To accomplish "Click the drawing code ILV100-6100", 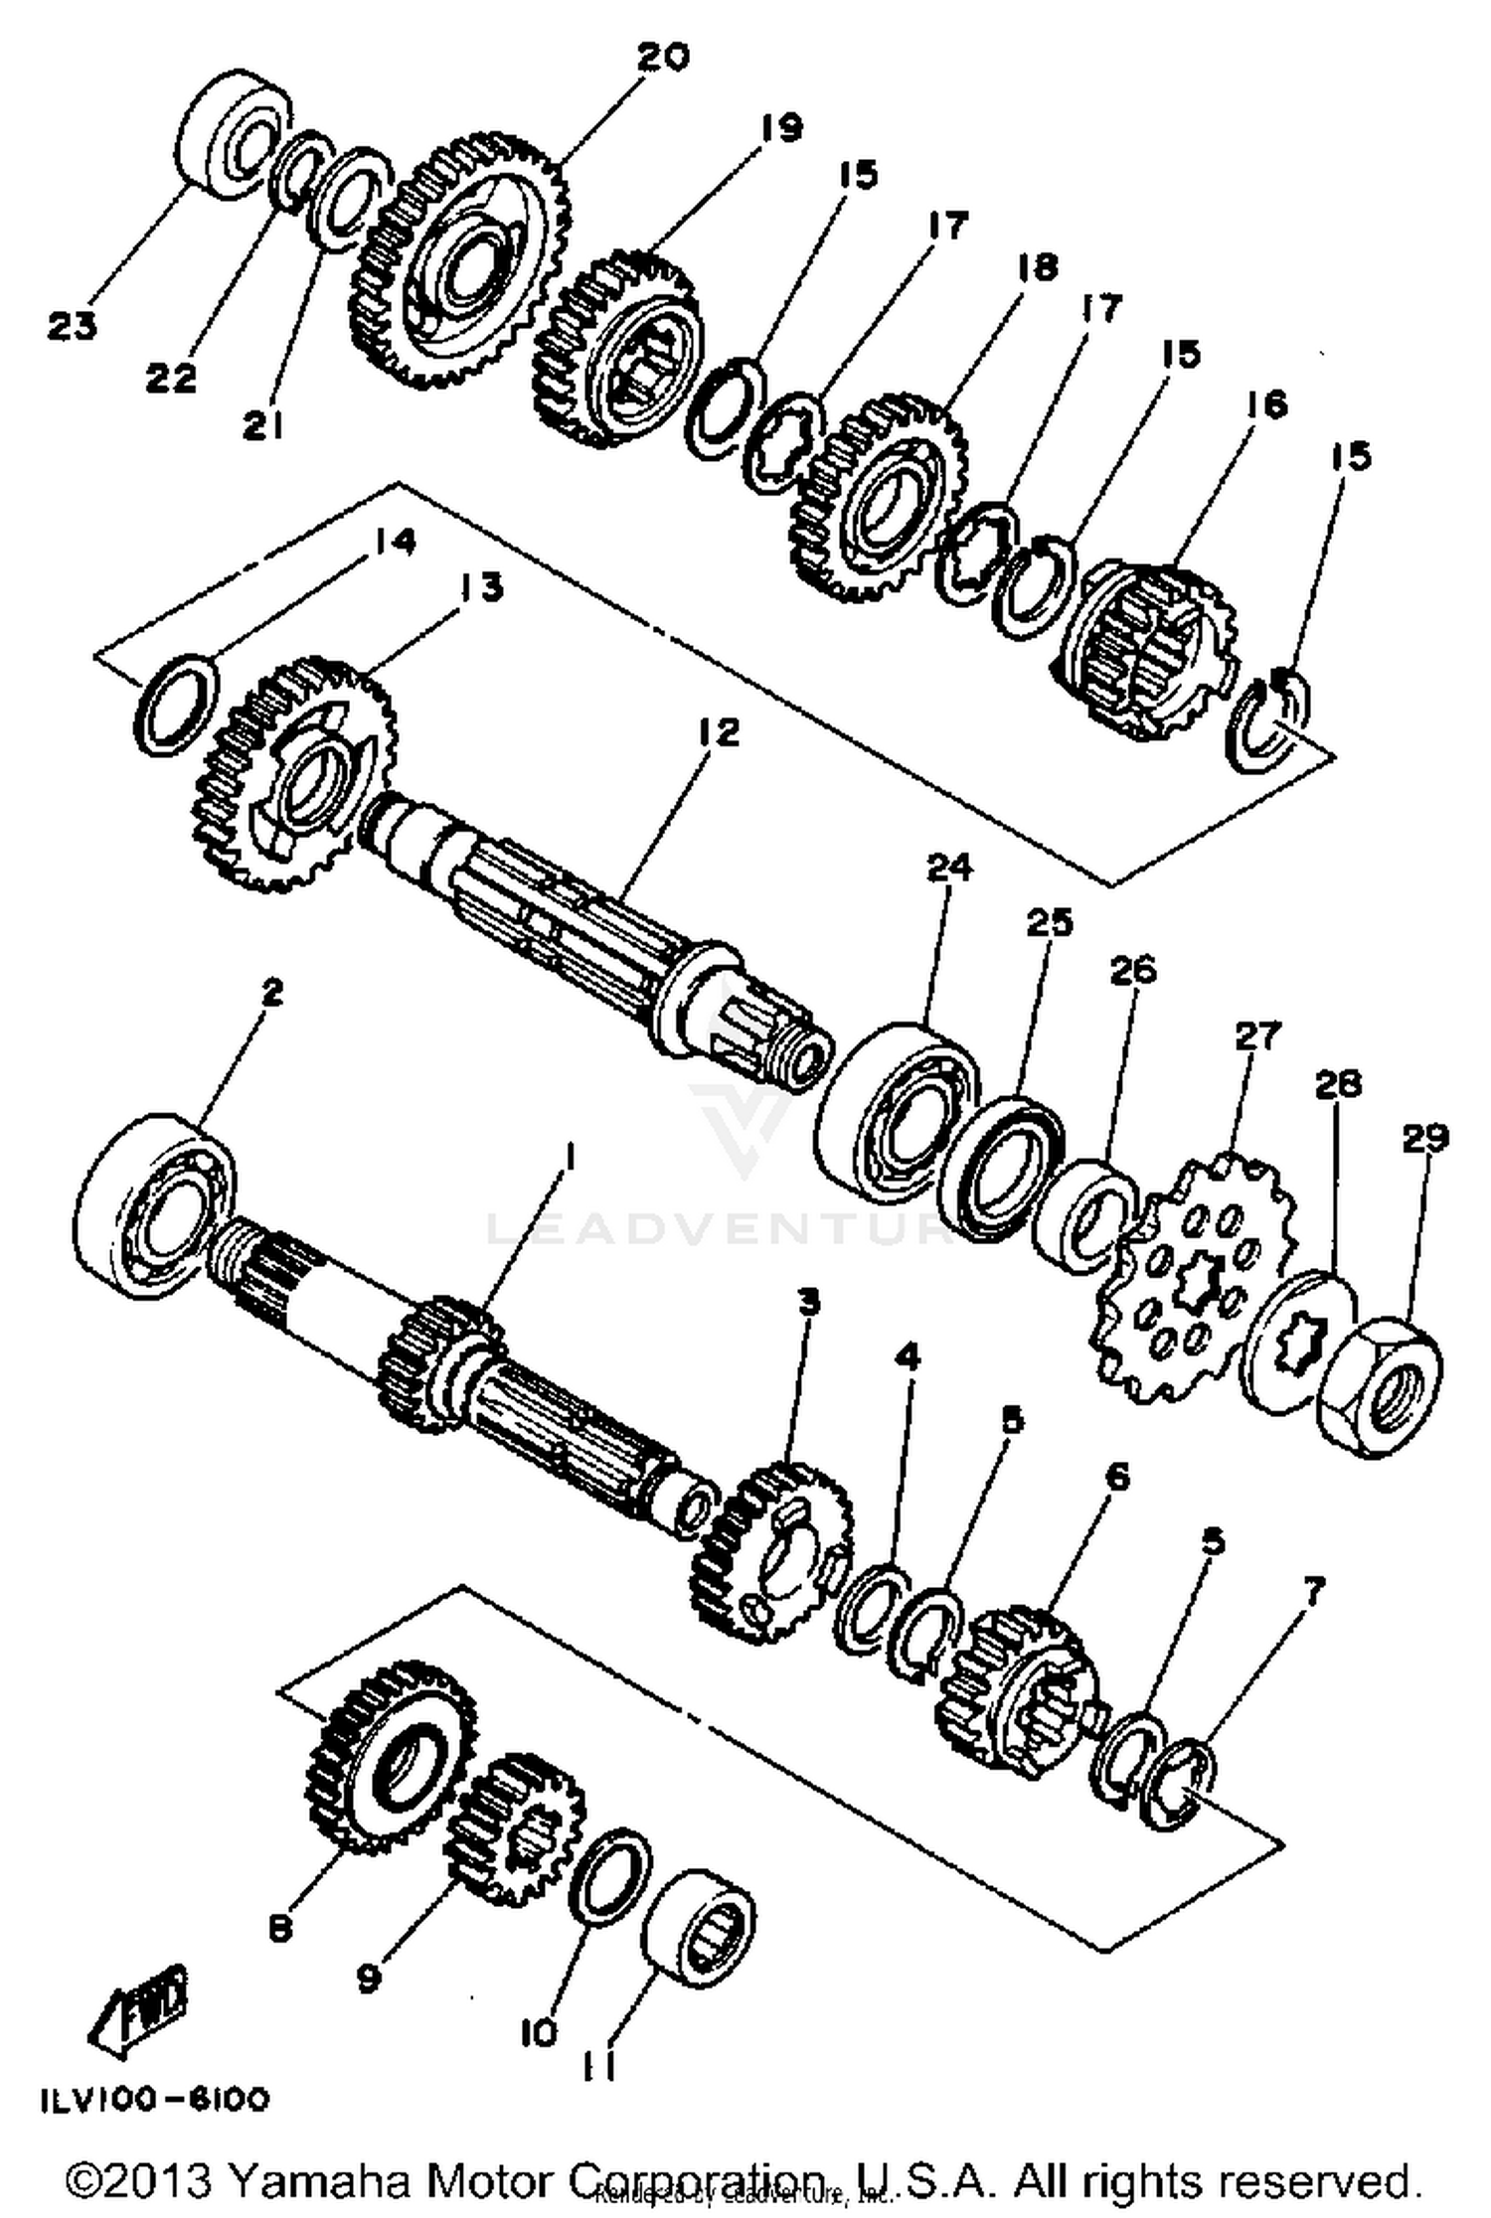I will (154, 2100).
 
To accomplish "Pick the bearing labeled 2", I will (154, 1207).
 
